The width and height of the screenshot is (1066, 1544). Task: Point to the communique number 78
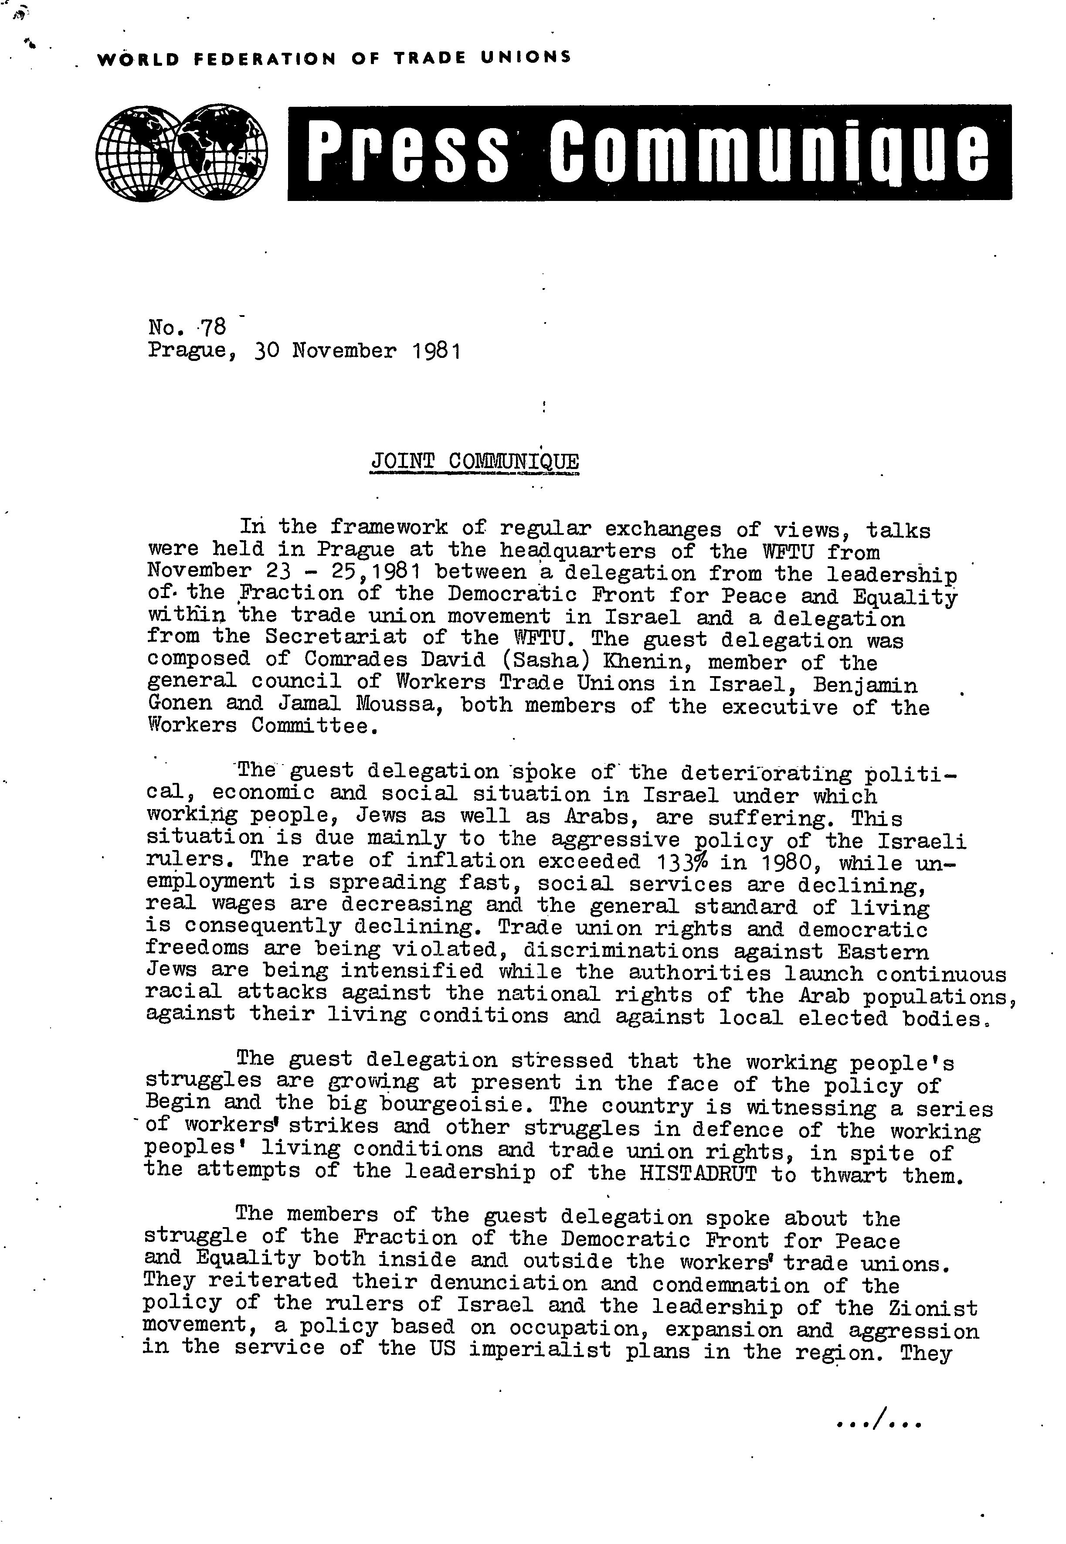click(213, 327)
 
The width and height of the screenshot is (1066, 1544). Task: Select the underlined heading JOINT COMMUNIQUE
click(475, 461)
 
